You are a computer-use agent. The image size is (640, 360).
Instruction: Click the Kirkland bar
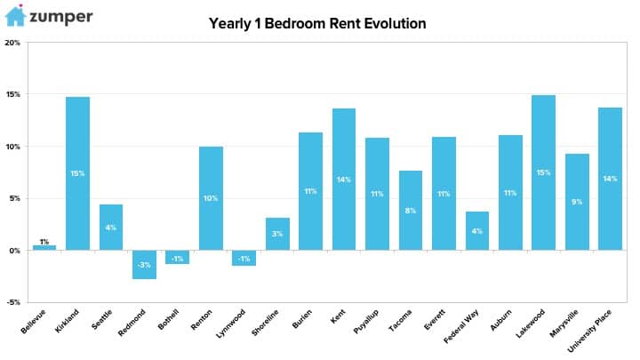click(77, 173)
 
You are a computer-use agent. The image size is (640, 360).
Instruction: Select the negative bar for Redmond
click(144, 265)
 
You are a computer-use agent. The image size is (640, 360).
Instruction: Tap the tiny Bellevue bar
click(44, 248)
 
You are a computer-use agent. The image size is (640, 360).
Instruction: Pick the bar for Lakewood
click(543, 172)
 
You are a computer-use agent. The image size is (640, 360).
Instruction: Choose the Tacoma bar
click(410, 211)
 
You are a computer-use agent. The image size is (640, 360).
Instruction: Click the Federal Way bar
click(476, 231)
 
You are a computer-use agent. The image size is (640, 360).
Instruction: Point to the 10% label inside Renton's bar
click(211, 198)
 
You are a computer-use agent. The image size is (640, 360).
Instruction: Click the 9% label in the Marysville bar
click(577, 202)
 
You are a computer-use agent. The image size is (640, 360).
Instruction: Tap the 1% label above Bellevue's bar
click(44, 242)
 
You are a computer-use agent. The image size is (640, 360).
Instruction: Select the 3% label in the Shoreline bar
click(277, 234)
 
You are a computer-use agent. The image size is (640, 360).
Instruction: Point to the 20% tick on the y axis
click(12, 43)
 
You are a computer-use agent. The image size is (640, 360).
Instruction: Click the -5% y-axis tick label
click(13, 302)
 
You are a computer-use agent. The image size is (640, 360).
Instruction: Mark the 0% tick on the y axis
click(15, 251)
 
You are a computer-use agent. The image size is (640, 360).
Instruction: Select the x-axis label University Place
click(589, 331)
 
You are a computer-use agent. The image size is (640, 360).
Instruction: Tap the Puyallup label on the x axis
click(366, 321)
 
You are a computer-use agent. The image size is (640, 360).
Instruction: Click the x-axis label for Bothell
click(168, 319)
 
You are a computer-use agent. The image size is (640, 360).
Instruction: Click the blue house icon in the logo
click(15, 16)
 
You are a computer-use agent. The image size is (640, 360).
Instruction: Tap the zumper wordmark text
click(61, 17)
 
